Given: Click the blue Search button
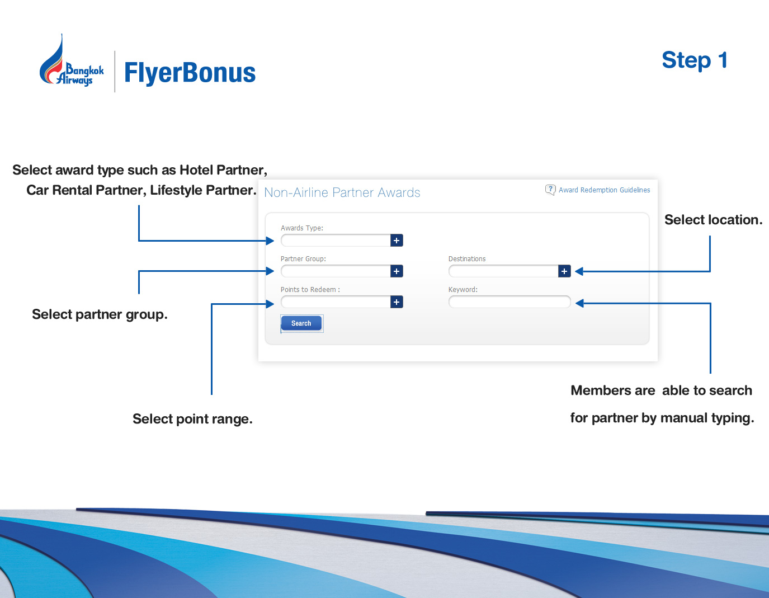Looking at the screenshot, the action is click(301, 323).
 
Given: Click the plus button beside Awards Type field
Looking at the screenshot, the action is click(397, 241).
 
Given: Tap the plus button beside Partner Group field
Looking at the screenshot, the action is click(397, 271).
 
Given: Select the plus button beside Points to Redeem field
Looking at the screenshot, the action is click(397, 302).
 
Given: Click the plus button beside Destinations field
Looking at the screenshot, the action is click(564, 271).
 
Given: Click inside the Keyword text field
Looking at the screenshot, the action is click(509, 302).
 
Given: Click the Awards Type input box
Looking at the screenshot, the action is click(336, 241).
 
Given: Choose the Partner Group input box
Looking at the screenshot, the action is click(336, 271).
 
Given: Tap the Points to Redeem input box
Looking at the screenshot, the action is click(336, 302).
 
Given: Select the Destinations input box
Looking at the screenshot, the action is click(503, 271).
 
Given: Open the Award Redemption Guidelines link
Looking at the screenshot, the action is click(604, 190).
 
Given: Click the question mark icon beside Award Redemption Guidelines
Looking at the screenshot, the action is click(550, 190).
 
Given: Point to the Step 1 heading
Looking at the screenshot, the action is click(694, 60).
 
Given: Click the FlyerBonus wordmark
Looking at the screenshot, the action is click(190, 73).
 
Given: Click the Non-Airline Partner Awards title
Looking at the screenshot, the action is click(342, 192).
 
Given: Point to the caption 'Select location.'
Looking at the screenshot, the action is click(713, 220).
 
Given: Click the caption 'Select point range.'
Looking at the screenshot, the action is click(192, 419).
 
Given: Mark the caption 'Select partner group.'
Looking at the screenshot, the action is click(100, 314).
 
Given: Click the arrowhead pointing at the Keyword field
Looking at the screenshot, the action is click(579, 303).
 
